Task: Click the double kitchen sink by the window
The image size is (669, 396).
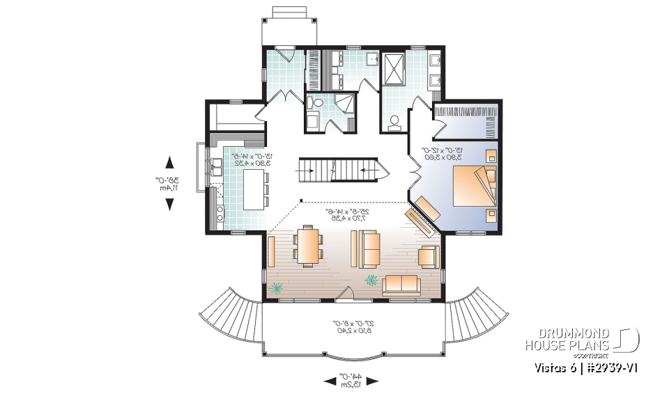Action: pos(216,166)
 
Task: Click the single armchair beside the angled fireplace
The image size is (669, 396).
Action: pos(429,257)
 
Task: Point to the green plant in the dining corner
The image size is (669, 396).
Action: pos(277,287)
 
